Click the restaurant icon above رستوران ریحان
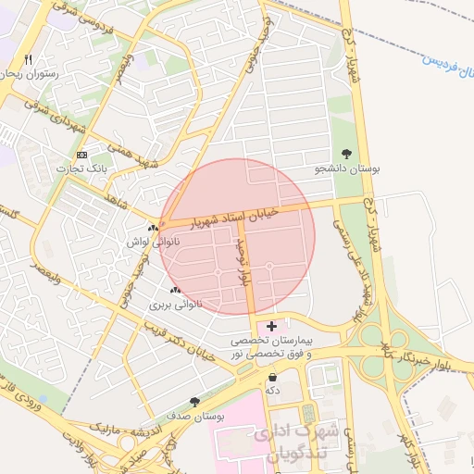29,60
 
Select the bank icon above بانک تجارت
83,155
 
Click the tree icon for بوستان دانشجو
346,154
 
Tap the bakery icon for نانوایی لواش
153,228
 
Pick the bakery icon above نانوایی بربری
175,291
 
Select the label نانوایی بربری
175,304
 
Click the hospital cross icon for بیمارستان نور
271,326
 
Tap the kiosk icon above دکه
272,378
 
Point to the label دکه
272,391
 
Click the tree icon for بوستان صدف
193,402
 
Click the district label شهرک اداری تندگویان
282,442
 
